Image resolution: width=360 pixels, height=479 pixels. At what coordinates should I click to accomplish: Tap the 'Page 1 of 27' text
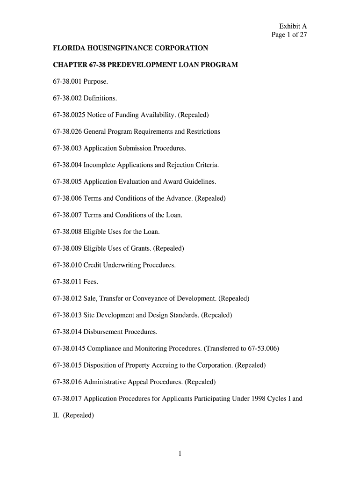click(289, 35)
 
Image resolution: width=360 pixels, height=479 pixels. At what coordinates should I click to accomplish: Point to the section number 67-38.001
click(67, 81)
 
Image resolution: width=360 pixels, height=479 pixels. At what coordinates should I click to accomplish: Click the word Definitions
click(100, 98)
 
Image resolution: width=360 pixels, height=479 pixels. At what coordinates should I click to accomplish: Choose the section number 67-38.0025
click(69, 115)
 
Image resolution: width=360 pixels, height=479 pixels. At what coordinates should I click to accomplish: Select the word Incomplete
click(100, 165)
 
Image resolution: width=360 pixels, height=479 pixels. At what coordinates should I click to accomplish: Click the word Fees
click(91, 282)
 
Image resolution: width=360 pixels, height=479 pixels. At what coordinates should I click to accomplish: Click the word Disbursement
click(103, 332)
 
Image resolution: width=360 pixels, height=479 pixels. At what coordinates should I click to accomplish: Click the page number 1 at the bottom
click(180, 453)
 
